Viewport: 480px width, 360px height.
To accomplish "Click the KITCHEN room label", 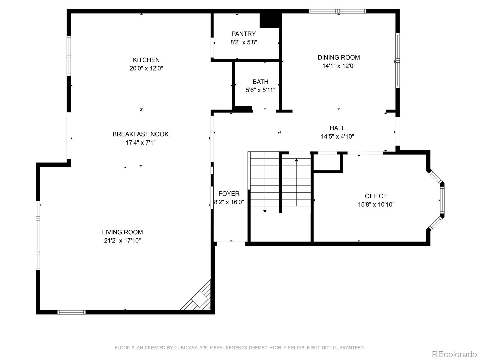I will tap(146, 60).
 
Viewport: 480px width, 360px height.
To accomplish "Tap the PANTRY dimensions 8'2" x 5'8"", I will tap(244, 42).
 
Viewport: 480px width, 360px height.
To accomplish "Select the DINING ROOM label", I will tap(339, 57).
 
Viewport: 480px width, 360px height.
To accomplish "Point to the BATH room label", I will tap(260, 82).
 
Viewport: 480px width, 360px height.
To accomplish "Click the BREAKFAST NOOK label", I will tap(140, 134).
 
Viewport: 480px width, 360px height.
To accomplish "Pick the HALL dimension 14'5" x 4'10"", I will tap(337, 136).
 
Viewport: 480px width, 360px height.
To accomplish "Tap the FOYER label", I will tap(229, 193).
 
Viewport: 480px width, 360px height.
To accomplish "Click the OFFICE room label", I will tap(376, 196).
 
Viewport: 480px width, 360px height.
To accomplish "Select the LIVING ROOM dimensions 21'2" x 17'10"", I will tap(122, 240).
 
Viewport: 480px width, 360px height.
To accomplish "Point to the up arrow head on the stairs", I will tap(296, 160).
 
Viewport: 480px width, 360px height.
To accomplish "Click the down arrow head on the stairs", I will tap(265, 211).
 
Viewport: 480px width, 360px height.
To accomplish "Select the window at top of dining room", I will tap(337, 11).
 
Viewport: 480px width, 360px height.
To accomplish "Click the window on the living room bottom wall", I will tap(71, 312).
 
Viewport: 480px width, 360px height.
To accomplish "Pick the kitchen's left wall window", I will tap(69, 56).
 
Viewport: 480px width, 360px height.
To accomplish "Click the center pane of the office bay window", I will tap(442, 200).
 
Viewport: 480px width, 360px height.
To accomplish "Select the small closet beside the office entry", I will tap(327, 162).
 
